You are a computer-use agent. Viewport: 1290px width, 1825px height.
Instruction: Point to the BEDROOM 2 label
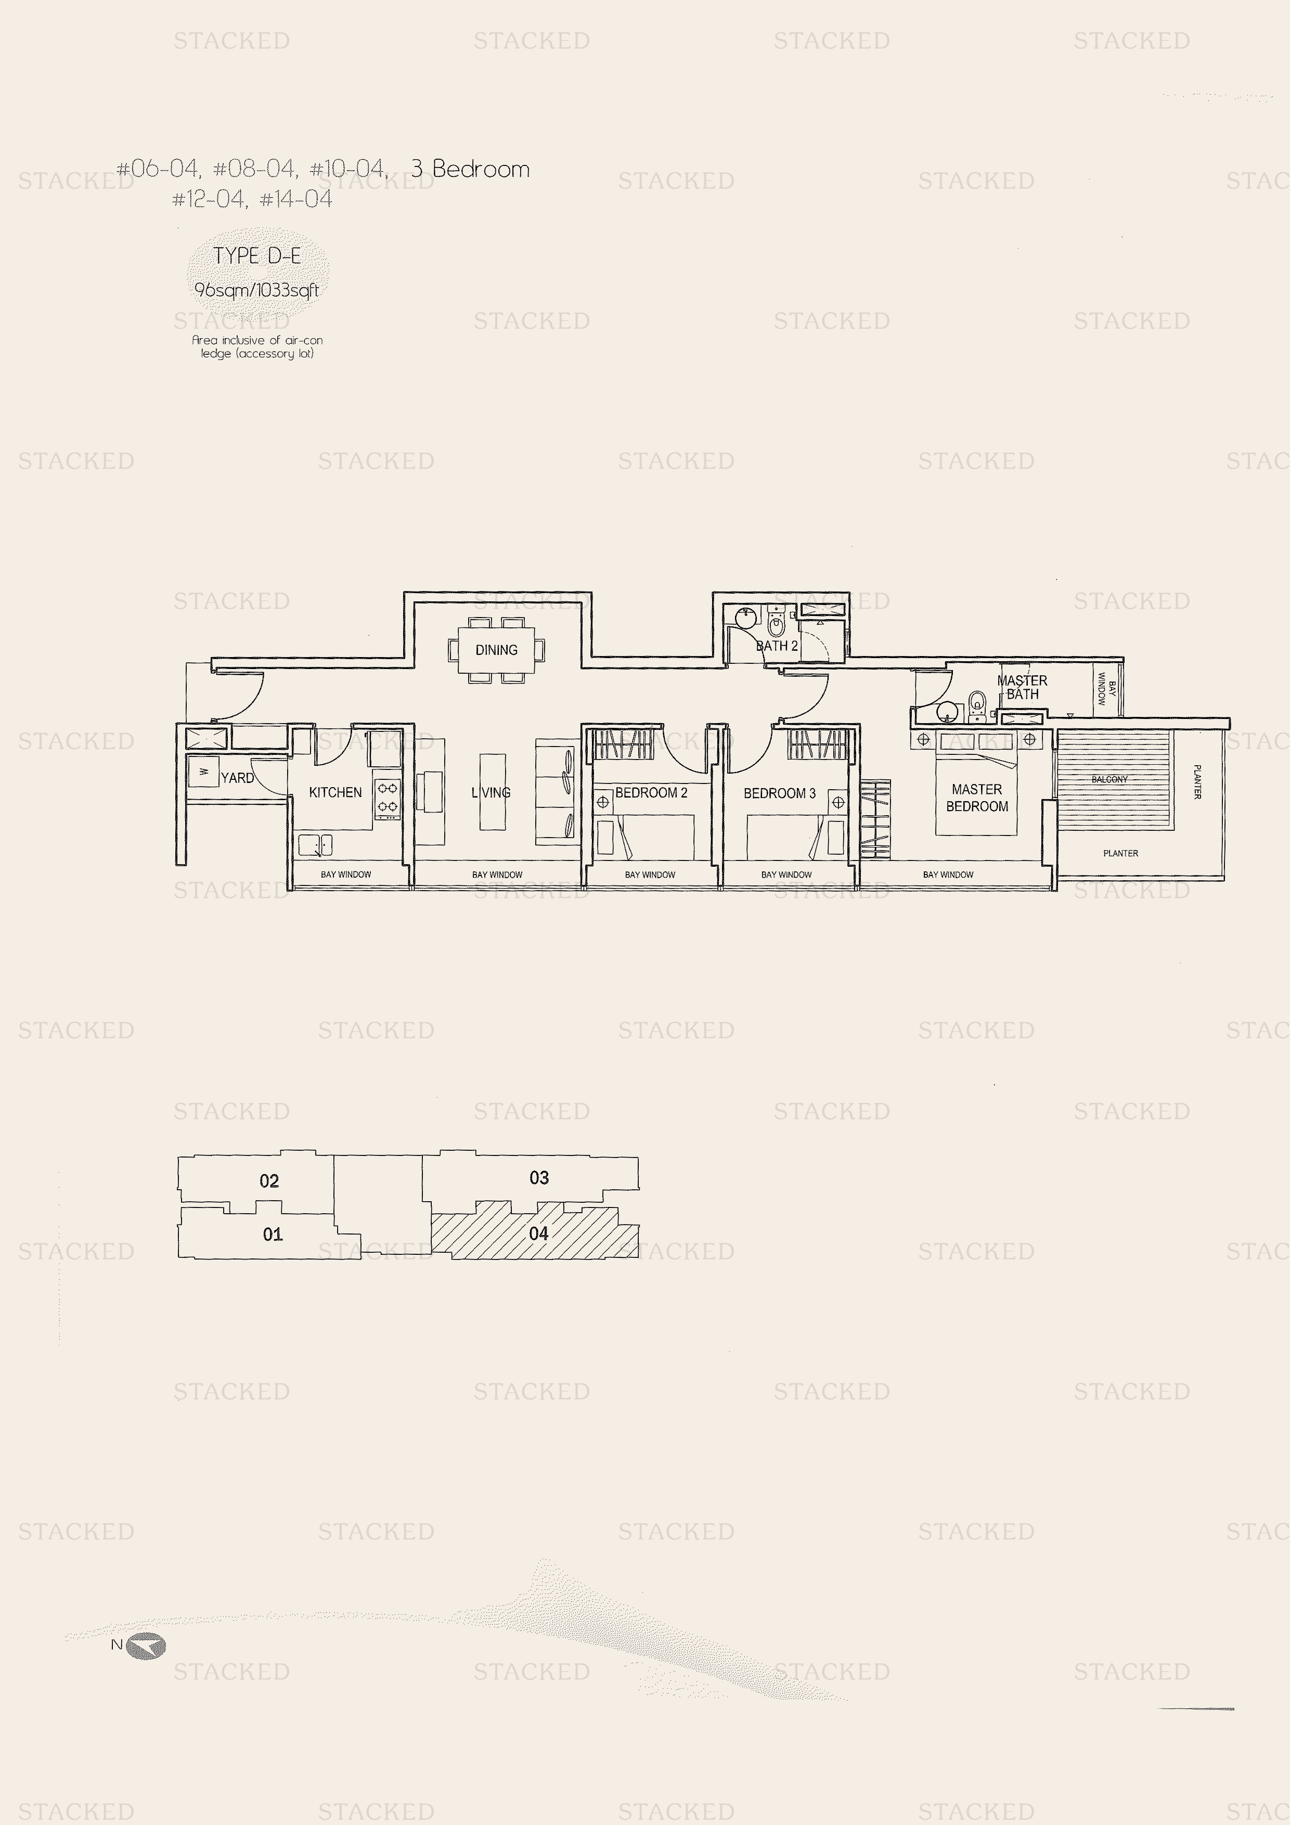pos(651,792)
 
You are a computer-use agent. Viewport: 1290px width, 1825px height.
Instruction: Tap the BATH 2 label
pos(777,646)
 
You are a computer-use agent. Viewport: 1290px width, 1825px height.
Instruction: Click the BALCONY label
pos(1109,780)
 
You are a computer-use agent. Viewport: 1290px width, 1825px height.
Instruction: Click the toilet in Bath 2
pos(777,621)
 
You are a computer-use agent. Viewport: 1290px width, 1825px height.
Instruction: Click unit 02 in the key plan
pos(269,1181)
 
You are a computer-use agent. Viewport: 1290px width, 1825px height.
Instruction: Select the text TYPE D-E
pos(257,256)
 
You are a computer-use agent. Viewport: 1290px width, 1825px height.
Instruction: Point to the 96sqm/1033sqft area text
pos(257,290)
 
